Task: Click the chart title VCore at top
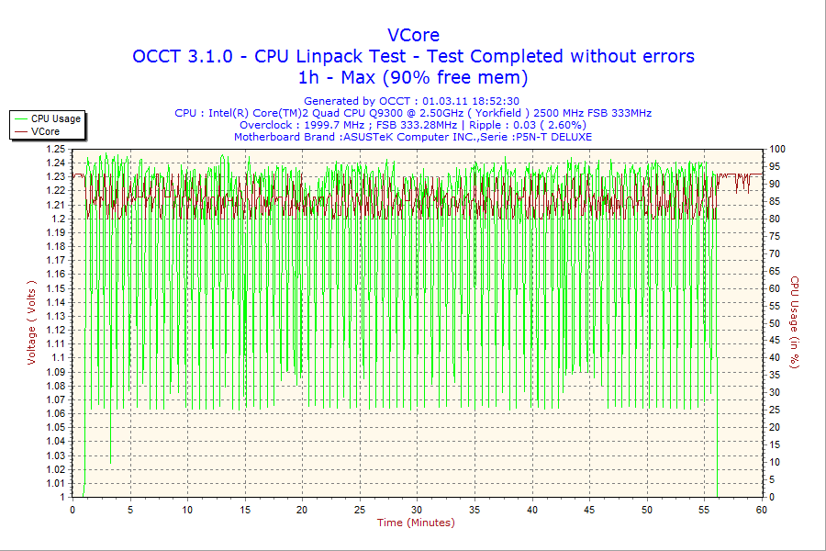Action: coord(413,35)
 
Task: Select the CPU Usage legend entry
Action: coord(56,118)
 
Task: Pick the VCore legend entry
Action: coord(46,131)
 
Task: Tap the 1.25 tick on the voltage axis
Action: coord(55,149)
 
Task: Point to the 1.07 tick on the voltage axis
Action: coord(55,399)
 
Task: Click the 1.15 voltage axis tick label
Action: coord(55,288)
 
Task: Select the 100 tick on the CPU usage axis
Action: coord(776,149)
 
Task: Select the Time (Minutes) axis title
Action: coord(416,523)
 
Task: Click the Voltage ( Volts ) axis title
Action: coord(31,322)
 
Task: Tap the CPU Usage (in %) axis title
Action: coord(795,322)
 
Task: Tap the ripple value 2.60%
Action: coord(565,125)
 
